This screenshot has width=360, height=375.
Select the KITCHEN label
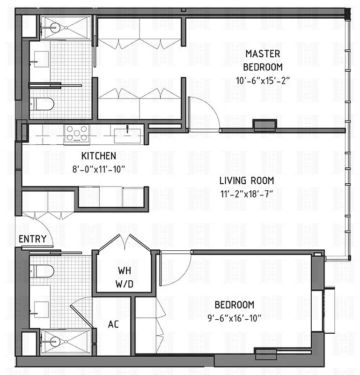coord(98,156)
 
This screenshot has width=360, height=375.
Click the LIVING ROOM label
coord(247,180)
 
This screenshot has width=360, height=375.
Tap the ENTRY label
coord(32,239)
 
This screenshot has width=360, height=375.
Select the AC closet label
coord(113,324)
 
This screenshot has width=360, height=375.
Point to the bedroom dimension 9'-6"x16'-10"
coord(234,317)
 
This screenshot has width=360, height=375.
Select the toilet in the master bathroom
coord(42,103)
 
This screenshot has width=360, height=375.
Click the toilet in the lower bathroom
coord(42,270)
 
